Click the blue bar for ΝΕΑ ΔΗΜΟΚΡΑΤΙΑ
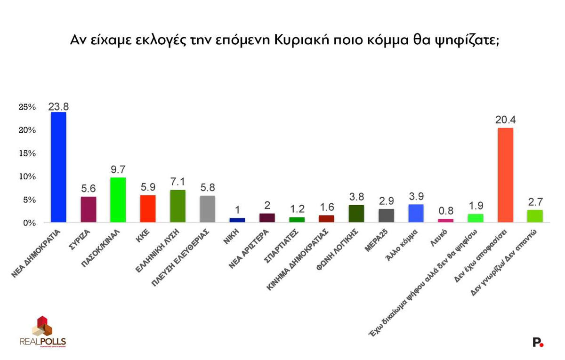58,167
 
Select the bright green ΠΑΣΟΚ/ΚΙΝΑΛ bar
118,200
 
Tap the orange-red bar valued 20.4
505,175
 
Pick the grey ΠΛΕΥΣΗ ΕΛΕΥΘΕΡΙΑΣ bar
208,208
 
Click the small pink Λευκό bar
445,220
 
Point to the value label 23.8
58,106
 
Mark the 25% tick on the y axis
27,107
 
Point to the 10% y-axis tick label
27,176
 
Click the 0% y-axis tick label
29,223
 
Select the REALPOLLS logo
43,331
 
